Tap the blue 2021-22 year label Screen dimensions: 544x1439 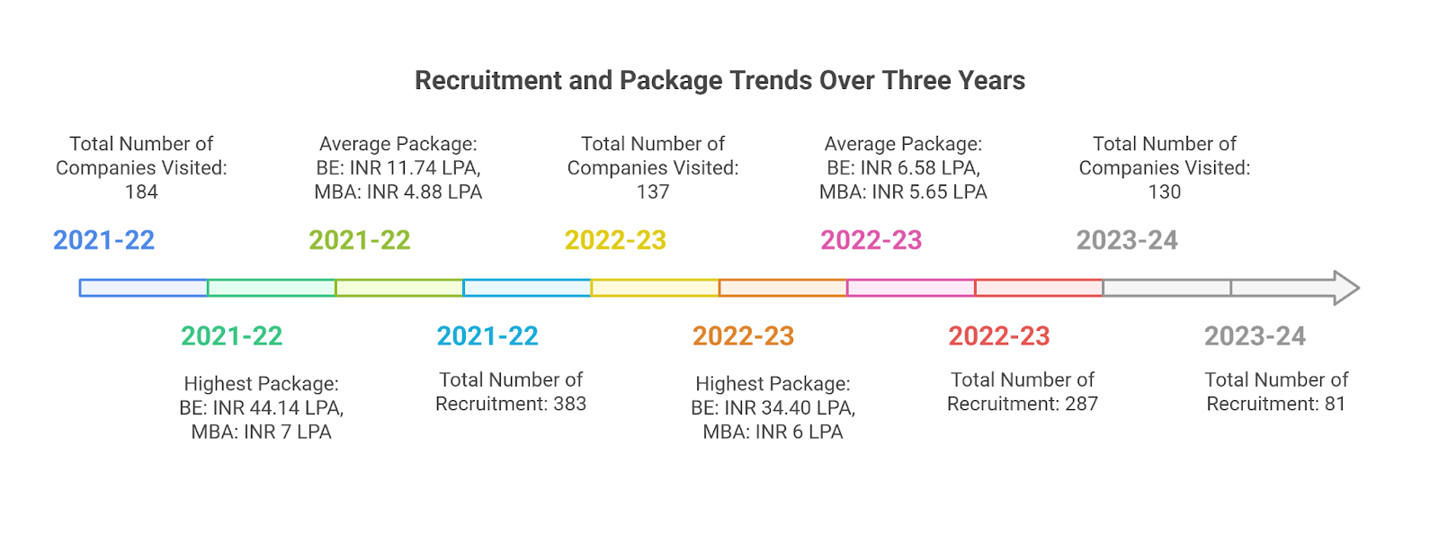[103, 240]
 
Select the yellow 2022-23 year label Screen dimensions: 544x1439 [615, 240]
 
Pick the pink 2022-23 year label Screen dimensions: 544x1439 [871, 240]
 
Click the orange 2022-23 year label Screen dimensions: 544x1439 [743, 336]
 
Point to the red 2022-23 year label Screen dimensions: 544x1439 [998, 336]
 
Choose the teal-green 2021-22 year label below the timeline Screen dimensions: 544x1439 [231, 336]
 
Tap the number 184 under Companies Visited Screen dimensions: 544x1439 [141, 192]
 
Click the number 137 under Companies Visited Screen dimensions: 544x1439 [653, 192]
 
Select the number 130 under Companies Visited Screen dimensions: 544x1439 [1164, 192]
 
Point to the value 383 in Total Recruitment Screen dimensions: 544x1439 [569, 405]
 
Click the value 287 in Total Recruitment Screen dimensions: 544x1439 [1081, 405]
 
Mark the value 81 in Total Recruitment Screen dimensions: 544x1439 [1335, 405]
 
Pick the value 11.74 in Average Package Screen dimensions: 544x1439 [411, 168]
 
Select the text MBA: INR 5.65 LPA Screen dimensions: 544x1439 [903, 192]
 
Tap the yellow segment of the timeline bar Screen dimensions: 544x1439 [655, 288]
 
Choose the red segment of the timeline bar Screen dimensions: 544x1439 [1039, 288]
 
